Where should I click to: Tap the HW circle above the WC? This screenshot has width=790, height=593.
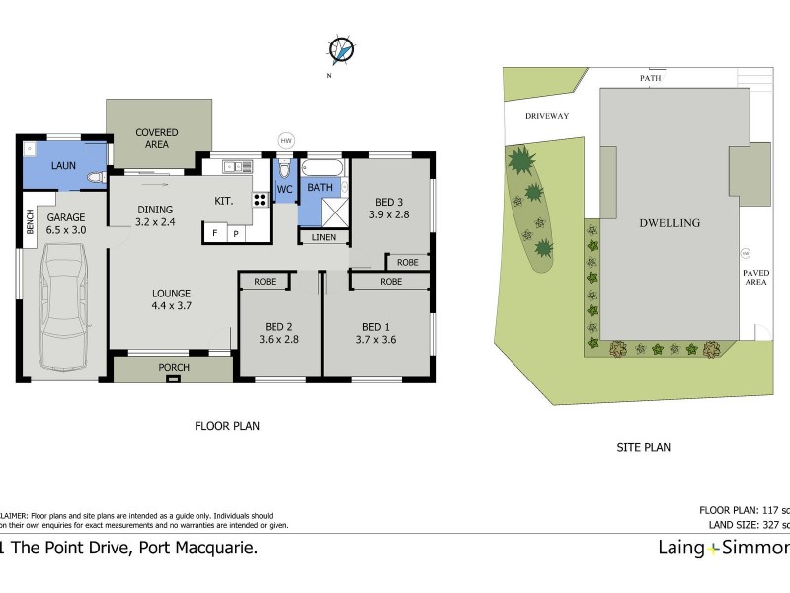tap(287, 140)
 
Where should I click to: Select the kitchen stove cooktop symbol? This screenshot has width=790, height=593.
tap(261, 199)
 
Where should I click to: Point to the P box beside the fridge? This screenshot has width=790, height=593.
tap(236, 234)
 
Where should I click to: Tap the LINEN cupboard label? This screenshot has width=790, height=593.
tap(323, 237)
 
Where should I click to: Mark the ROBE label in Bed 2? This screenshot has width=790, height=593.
tap(265, 282)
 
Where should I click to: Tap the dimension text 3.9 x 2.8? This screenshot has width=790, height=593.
tap(389, 213)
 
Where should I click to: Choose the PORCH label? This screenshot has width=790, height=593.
tap(173, 368)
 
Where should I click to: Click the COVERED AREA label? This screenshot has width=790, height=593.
tap(157, 138)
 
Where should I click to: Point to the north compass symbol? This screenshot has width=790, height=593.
tap(341, 49)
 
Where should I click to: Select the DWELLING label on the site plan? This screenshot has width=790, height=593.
tap(670, 223)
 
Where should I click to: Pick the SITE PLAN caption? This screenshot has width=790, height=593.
tap(643, 447)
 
